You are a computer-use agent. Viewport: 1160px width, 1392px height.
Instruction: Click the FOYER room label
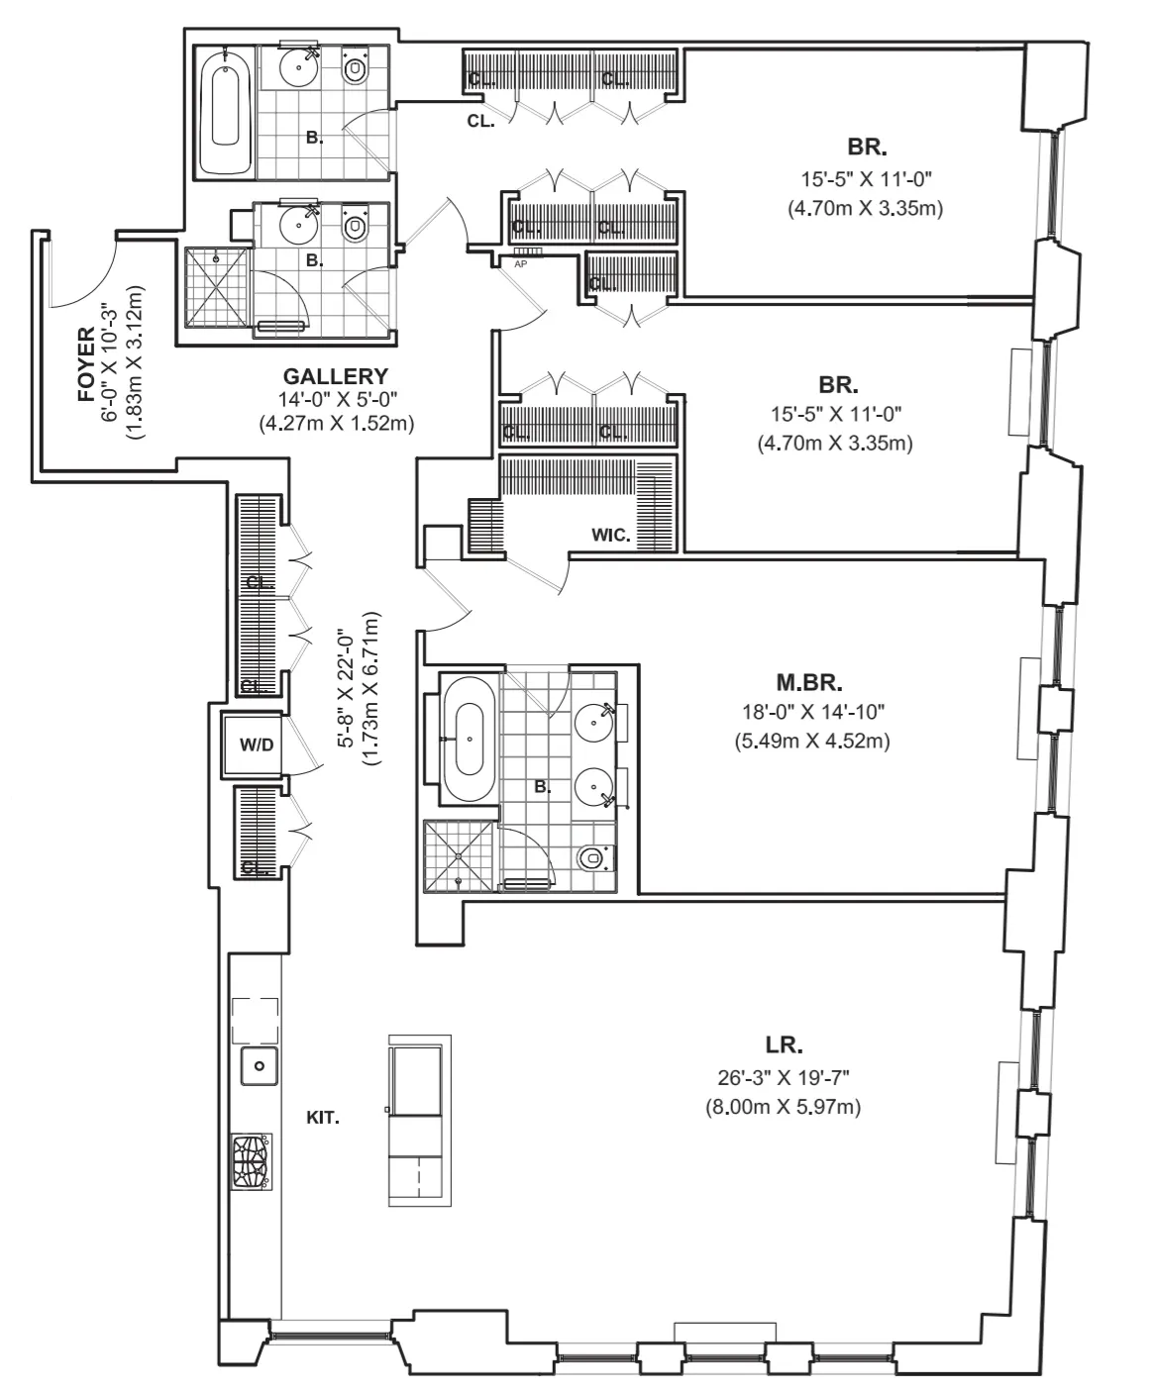click(x=88, y=363)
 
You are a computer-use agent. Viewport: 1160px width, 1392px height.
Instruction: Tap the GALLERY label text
click(x=335, y=376)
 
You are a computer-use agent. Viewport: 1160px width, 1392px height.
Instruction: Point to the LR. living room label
click(x=784, y=1044)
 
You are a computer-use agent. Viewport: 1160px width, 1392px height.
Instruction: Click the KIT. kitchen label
click(x=323, y=1118)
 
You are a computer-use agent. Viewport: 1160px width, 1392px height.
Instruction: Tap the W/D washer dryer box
click(x=257, y=745)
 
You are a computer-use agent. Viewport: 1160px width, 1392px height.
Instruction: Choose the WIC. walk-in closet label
click(x=611, y=536)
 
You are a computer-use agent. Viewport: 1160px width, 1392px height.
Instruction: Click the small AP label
click(x=520, y=263)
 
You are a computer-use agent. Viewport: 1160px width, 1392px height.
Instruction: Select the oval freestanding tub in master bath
click(x=469, y=740)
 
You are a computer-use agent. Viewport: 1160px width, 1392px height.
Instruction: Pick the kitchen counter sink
click(x=259, y=1066)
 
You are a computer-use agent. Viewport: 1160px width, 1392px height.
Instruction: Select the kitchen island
click(x=419, y=1120)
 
